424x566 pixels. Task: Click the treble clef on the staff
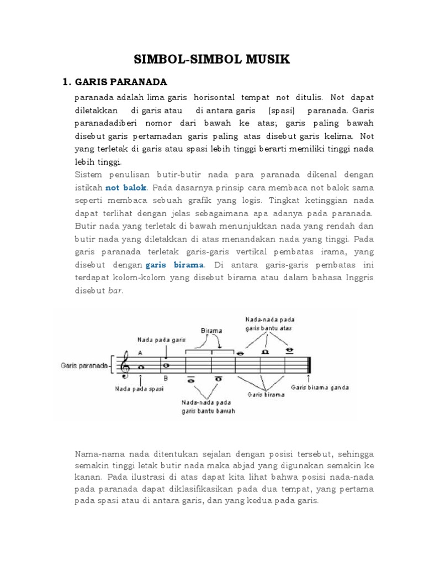click(125, 365)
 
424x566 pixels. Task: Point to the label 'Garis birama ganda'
click(320, 387)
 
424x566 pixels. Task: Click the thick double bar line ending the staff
click(310, 365)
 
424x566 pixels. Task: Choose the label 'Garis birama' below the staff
click(266, 395)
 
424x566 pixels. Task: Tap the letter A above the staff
click(140, 352)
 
